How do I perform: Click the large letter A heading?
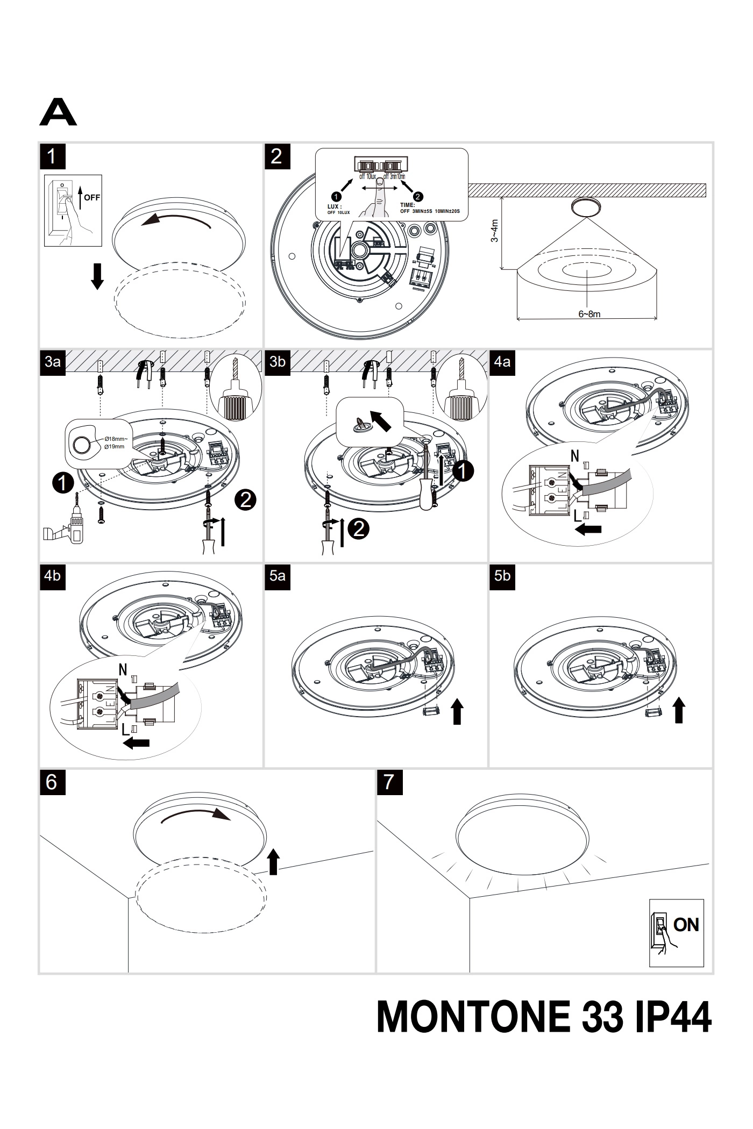coord(58,112)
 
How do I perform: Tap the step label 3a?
coord(53,362)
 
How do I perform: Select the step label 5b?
coord(502,576)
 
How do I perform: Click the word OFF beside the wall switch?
coord(92,197)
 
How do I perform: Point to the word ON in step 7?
coord(686,925)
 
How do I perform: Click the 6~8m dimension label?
coord(589,314)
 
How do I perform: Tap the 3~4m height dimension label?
coord(495,231)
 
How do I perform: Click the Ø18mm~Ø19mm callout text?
coord(114,443)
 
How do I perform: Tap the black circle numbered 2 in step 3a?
coord(245,500)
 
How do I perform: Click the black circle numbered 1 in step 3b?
coord(463,471)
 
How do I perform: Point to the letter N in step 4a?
coord(574,456)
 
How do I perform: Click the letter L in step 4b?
coord(125,730)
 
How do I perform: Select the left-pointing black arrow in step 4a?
coord(588,530)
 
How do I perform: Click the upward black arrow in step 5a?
coord(457,711)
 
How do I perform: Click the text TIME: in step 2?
coord(407,205)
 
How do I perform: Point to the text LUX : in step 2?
coord(335,206)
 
